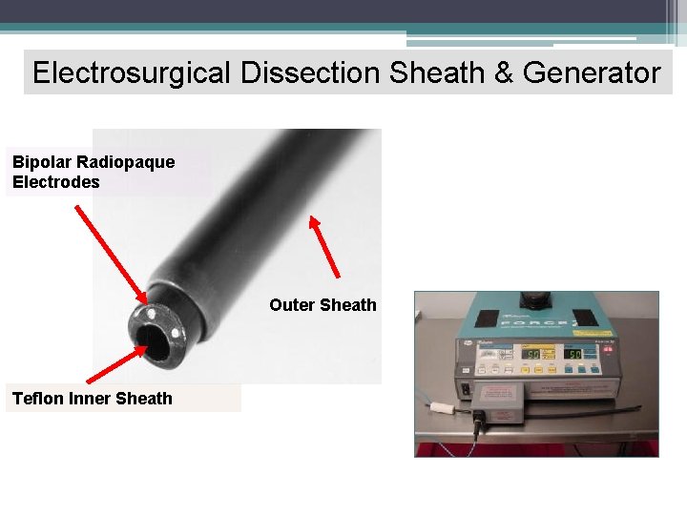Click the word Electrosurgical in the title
pyautogui.click(x=130, y=72)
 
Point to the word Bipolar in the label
pyautogui.click(x=40, y=162)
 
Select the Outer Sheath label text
pyautogui.click(x=323, y=305)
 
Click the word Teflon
pyautogui.click(x=37, y=399)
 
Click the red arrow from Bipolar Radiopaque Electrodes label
pyautogui.click(x=109, y=251)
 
